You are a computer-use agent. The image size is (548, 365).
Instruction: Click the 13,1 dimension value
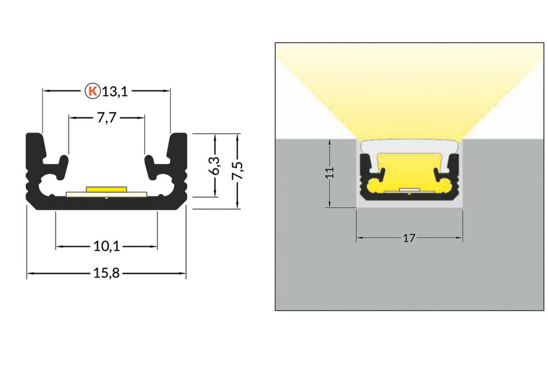[115, 91]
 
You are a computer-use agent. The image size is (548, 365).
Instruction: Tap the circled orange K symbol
[93, 91]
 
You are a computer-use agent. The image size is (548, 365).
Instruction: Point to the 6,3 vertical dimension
[215, 166]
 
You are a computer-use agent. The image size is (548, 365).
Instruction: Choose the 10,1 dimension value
[107, 247]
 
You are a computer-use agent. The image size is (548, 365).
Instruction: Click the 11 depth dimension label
[328, 173]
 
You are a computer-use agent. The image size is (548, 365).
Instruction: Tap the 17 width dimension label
[409, 238]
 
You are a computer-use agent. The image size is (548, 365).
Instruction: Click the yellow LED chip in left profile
[106, 189]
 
